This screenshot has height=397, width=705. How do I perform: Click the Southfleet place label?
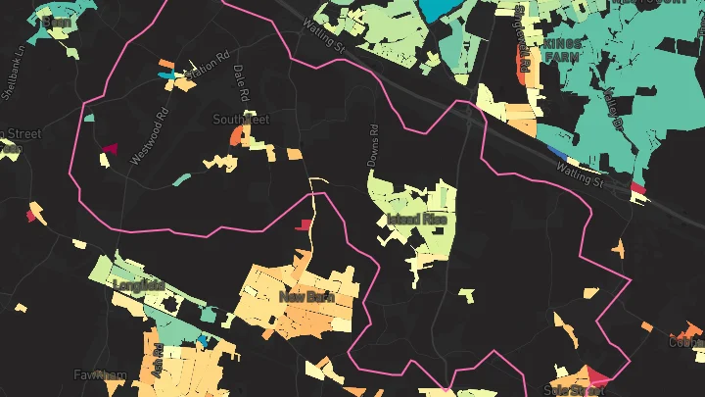pos(240,120)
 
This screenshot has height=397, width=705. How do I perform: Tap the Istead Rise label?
pos(417,219)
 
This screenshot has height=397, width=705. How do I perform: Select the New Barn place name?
pos(306,296)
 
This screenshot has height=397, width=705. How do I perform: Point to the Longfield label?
pos(139,286)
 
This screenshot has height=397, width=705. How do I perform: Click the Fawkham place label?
pos(101,375)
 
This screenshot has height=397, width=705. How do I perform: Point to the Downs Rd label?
pos(373,144)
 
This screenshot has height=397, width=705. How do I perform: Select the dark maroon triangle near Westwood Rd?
pos(109,150)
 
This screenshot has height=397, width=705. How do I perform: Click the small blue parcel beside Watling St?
pos(557,152)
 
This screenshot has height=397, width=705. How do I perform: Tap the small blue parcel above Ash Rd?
pos(203,339)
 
